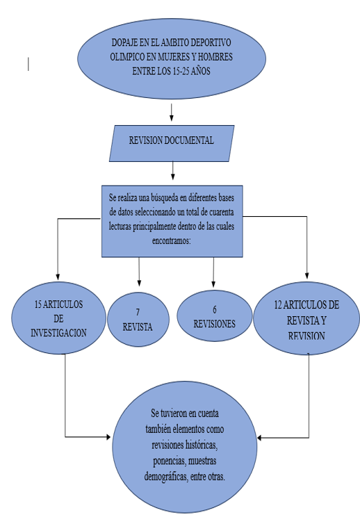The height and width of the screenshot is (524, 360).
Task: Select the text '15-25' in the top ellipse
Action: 181,71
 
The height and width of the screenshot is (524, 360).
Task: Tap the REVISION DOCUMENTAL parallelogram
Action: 172,143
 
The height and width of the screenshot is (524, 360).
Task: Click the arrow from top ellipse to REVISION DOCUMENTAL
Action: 172,113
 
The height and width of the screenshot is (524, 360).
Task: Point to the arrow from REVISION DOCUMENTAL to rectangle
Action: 172,171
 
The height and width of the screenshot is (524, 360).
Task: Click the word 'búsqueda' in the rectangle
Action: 165,198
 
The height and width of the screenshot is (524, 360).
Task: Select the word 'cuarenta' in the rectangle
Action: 221,212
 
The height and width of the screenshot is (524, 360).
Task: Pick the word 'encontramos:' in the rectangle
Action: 172,240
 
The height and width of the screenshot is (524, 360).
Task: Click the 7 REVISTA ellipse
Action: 138,320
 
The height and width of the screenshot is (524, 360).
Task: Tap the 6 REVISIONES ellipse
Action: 214,316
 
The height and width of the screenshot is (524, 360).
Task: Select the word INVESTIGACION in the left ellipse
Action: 58,333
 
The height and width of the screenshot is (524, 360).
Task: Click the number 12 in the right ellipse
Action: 278,305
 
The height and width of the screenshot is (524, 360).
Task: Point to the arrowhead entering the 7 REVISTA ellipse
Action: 139,283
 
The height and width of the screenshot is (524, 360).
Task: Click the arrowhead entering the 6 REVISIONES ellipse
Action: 213,284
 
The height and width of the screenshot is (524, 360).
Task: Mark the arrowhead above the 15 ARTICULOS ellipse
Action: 58,277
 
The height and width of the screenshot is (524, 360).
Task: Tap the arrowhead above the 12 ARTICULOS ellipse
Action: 307,275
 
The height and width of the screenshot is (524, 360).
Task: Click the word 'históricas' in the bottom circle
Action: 202,445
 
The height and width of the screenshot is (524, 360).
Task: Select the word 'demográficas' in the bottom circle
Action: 165,477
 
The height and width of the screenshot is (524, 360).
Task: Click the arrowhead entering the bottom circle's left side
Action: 108,436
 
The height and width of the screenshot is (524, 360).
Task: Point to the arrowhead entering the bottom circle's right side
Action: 260,438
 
